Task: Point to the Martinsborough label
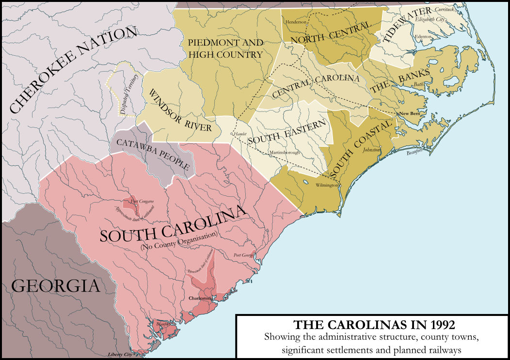[x=285, y=153]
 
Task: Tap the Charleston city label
[x=200, y=299]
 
